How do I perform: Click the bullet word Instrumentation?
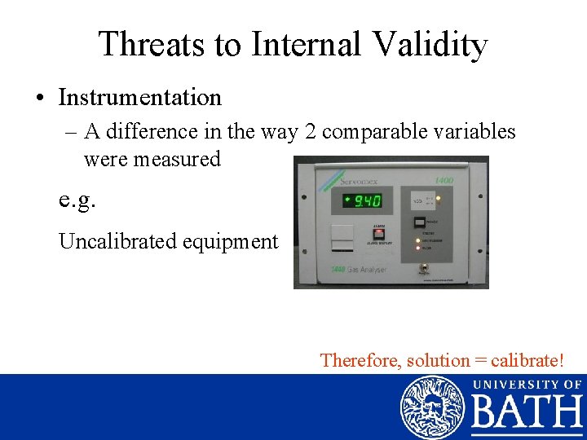(x=139, y=98)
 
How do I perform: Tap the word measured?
(x=178, y=159)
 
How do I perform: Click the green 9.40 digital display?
(x=364, y=200)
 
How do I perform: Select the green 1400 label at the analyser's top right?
(x=444, y=180)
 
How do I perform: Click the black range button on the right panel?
(x=418, y=222)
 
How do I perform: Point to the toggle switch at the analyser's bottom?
(x=424, y=267)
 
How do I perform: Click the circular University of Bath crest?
(x=431, y=407)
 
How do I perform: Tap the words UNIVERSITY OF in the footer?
(x=527, y=384)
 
